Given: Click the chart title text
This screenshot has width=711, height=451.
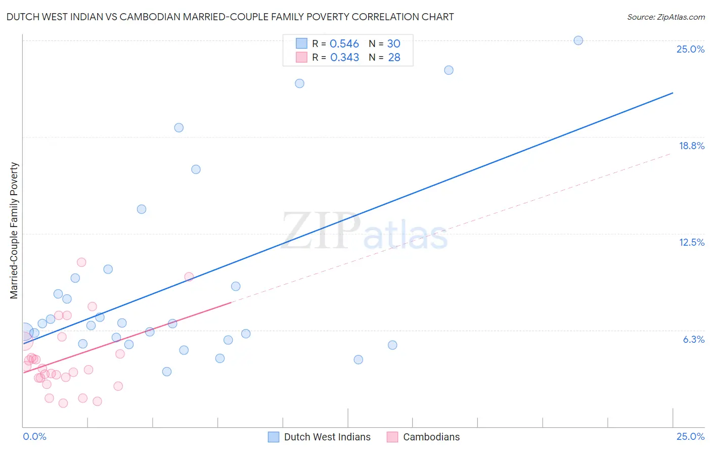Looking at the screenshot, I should [230, 17].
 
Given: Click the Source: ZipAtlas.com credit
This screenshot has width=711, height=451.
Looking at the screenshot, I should [665, 17].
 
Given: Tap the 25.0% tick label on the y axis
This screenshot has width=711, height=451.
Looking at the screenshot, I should [690, 49].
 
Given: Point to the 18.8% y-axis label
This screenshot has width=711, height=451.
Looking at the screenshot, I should [691, 146].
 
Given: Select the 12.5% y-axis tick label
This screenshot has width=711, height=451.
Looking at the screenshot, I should [691, 242].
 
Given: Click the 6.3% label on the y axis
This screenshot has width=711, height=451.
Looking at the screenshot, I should [693, 339].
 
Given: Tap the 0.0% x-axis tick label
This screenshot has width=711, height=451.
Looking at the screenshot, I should [35, 436].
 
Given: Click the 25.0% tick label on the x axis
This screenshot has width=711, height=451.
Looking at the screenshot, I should [690, 436].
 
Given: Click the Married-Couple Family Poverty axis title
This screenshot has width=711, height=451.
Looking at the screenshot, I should [14, 231].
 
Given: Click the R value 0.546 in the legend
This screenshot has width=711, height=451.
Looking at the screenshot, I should [344, 44].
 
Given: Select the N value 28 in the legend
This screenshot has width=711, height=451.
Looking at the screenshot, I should [394, 58].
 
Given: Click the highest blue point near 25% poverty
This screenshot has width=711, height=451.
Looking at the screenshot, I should [578, 40].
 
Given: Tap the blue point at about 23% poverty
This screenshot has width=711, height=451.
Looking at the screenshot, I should [449, 70].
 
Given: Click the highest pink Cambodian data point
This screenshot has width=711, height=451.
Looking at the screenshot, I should [81, 262].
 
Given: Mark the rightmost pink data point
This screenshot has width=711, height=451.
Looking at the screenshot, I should [189, 277].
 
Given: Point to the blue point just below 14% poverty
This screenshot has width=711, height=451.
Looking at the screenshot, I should [142, 209].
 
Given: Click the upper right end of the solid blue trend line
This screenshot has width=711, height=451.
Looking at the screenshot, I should [672, 93].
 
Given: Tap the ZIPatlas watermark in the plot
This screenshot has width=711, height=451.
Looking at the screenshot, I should [365, 232].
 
